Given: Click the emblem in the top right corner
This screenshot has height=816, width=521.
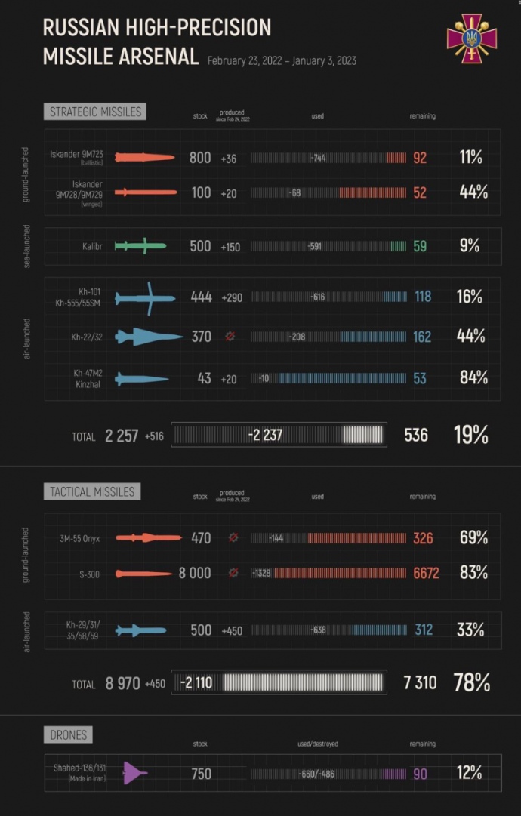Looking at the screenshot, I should pos(471,38).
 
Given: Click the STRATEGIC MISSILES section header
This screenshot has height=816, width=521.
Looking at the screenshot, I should pos(95,112).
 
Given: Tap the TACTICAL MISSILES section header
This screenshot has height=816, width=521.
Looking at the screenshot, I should pos(92,491).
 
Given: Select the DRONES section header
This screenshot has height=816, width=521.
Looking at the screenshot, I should pos(68,734).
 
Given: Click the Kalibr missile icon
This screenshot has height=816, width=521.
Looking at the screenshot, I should pos(140,245).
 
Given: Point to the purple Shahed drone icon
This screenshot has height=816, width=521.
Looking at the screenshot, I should pos(134,772).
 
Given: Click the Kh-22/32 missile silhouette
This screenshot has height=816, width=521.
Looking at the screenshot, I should pos(148,337).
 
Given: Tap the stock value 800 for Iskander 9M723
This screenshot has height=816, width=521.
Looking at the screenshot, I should pos(200,158).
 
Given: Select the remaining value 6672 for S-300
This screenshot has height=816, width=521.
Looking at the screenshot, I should pos(426,574).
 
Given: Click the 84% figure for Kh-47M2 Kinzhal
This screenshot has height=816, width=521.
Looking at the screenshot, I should pos(473,377).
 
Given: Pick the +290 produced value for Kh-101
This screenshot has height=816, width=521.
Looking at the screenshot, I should pos(231,297).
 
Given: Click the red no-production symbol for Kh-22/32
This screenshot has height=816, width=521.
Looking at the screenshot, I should pos(230,337).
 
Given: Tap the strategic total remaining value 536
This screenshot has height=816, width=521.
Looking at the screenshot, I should pos(415,435).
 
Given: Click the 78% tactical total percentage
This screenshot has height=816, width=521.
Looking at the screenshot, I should pos(471,682).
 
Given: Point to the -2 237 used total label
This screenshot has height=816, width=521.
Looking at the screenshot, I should pos(266,435).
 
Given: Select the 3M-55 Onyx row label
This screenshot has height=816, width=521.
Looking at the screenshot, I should pos(80,538).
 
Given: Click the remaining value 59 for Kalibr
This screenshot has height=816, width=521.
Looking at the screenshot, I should pos(420,245).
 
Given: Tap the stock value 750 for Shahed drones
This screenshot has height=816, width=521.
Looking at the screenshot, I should pos(201,774).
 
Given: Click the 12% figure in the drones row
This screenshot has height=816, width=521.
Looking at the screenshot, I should pos(469,773).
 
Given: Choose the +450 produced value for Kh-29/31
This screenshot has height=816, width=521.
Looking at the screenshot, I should pos(231,630).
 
